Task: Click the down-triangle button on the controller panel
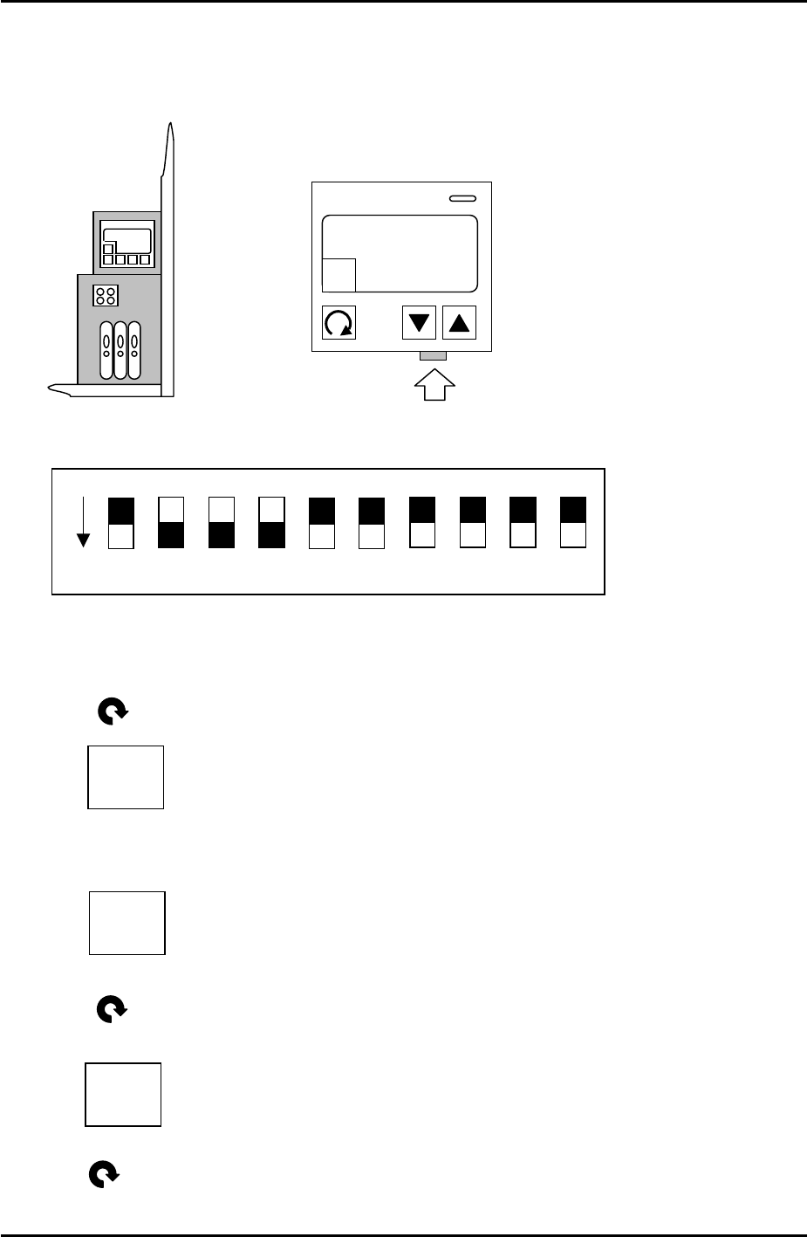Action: [419, 322]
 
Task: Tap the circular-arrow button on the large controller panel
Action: [339, 323]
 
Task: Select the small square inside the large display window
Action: [339, 275]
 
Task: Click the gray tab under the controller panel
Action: [433, 356]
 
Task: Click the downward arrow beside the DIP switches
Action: [83, 522]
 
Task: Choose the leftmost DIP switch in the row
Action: [120, 523]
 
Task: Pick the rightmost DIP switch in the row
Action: [572, 523]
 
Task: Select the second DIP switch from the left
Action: [171, 523]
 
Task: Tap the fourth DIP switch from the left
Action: [272, 523]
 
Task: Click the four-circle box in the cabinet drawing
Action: [106, 295]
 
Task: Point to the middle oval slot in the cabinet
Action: [120, 350]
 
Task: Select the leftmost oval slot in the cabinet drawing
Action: [106, 350]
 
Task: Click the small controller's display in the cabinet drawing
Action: [127, 239]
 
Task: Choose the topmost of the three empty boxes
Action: [126, 777]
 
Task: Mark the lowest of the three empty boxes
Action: [123, 1095]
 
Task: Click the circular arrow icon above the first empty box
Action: [113, 713]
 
